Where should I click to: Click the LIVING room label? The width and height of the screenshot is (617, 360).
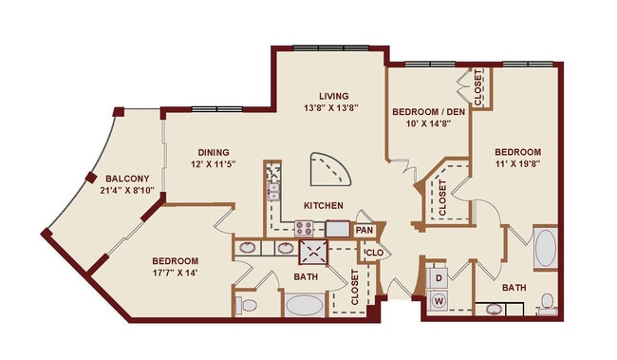[x=334, y=96]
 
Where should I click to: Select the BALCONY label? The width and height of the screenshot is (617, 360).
[x=126, y=179]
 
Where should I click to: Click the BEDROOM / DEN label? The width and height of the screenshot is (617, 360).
[x=429, y=111]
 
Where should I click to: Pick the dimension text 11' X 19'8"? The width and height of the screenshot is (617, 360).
[x=517, y=165]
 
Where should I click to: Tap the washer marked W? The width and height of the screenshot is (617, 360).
[x=439, y=301]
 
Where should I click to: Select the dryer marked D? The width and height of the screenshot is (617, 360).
[x=439, y=277]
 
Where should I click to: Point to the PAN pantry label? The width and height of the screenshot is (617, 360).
[x=365, y=230]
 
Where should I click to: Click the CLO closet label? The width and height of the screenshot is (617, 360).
[x=373, y=253]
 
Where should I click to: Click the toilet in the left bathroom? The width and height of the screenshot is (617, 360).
[x=246, y=305]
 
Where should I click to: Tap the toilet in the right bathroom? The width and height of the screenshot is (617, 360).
[x=547, y=302]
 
